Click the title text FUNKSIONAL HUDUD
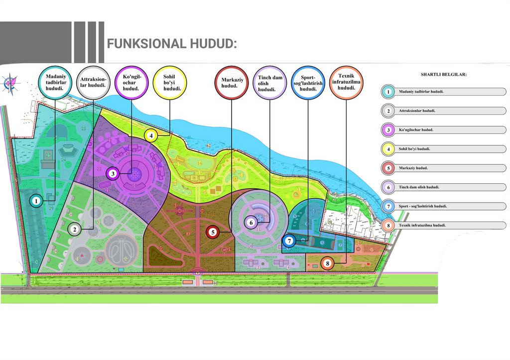(x=171, y=44)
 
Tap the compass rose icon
(x=10, y=83)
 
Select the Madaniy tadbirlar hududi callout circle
(x=54, y=82)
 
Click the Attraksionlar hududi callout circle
(x=93, y=82)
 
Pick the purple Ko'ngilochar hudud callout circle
(x=131, y=82)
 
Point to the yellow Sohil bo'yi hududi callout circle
(x=169, y=82)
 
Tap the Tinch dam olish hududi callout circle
(x=270, y=82)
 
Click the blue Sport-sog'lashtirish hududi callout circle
(x=308, y=82)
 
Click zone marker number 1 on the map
(x=36, y=201)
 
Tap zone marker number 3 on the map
(x=114, y=174)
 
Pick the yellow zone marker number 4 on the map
(x=151, y=134)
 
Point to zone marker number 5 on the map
(x=213, y=232)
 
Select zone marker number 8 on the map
(x=327, y=263)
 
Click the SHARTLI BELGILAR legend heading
(x=443, y=75)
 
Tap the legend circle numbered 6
(x=388, y=187)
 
